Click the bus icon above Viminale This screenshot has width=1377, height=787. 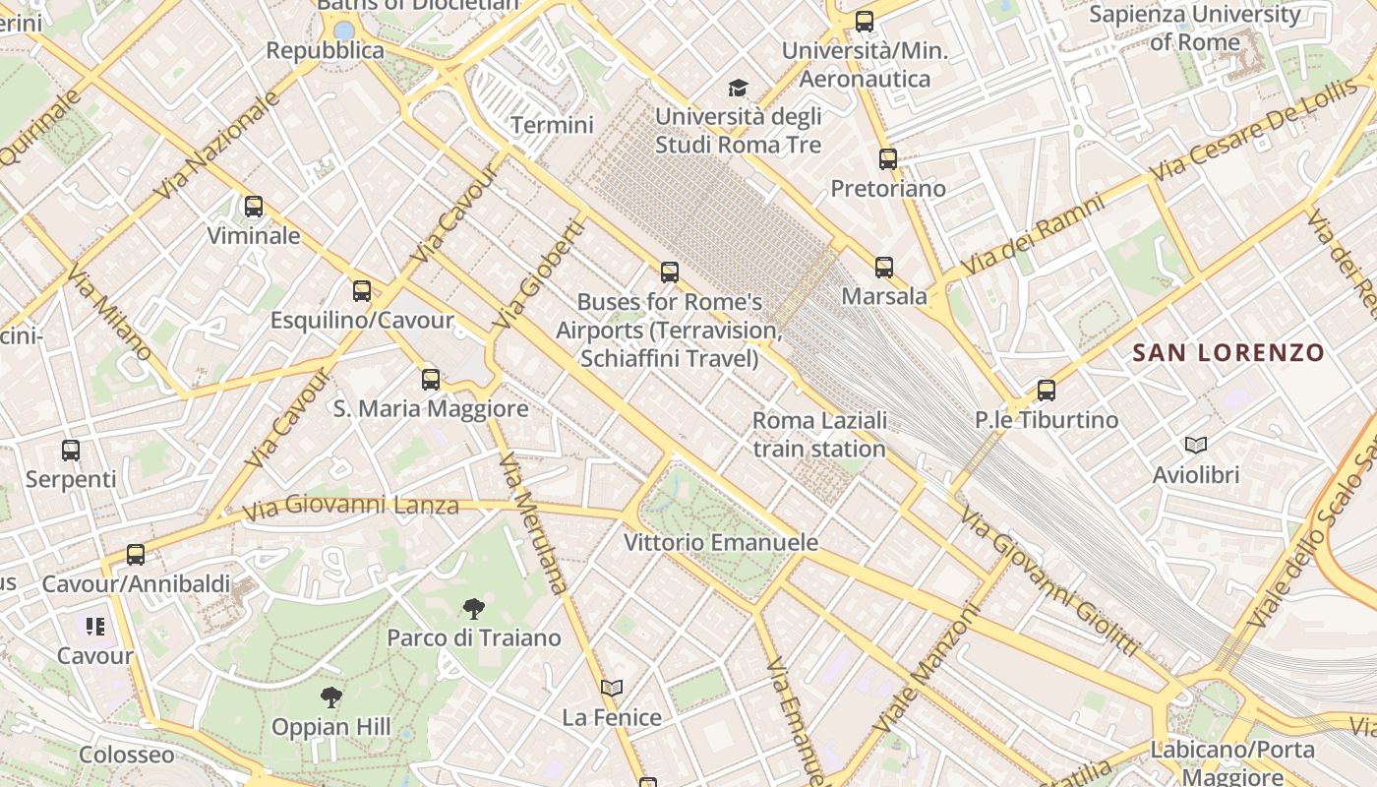(254, 207)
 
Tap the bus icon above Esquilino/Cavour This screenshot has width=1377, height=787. (362, 291)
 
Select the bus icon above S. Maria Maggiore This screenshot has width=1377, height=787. (431, 380)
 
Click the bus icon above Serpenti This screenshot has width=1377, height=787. (71, 451)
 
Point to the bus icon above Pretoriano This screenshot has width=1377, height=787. (888, 159)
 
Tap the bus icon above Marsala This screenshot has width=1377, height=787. (884, 268)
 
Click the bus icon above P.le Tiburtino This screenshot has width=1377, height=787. (1047, 391)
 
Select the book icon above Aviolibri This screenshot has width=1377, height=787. (1196, 446)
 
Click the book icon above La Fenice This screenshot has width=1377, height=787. (612, 688)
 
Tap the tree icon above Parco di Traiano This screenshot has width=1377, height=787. (473, 609)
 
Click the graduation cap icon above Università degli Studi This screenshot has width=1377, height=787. (738, 89)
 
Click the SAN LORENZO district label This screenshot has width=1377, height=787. (1228, 352)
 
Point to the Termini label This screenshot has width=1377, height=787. (552, 125)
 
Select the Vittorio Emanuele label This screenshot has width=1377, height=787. (721, 542)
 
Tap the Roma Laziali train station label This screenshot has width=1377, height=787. (819, 435)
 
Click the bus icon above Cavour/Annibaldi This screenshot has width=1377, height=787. (136, 555)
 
